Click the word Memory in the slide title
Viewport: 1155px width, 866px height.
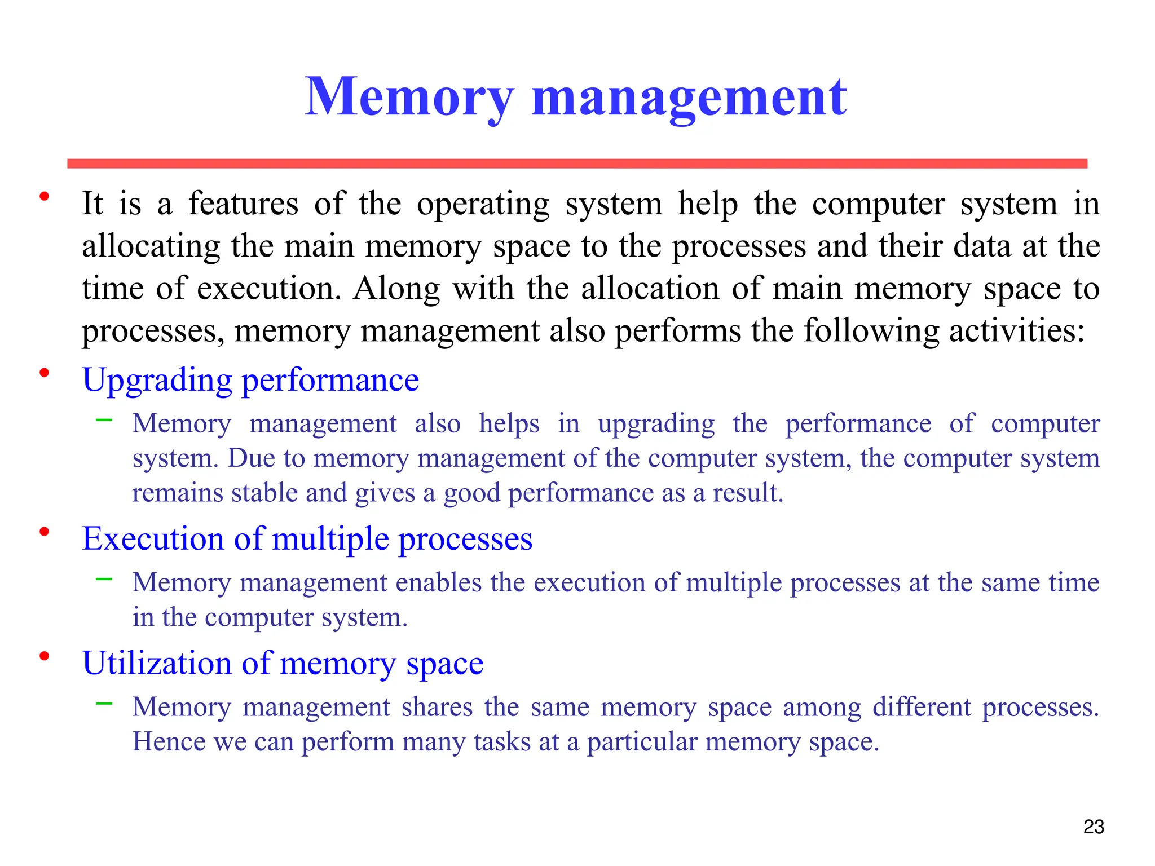click(x=409, y=97)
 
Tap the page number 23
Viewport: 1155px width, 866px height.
click(x=1094, y=827)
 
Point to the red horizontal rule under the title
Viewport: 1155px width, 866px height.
click(x=577, y=164)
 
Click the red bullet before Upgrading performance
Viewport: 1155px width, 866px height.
click(x=44, y=373)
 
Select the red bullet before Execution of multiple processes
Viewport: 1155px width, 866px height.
click(x=44, y=531)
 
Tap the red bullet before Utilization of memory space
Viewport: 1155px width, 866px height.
click(x=44, y=656)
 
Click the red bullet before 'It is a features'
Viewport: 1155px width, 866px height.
click(x=44, y=196)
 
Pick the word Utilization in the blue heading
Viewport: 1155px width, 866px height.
click(x=157, y=663)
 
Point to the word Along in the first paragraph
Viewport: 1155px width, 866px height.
click(x=396, y=289)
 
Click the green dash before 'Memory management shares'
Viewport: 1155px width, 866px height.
click(x=104, y=703)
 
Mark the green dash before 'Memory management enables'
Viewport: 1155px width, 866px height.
click(x=104, y=578)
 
